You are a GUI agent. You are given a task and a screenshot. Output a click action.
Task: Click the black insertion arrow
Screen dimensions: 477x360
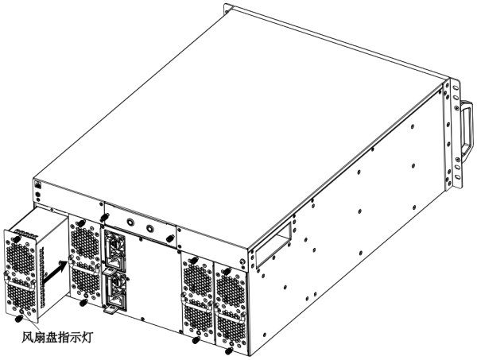coord(56,271)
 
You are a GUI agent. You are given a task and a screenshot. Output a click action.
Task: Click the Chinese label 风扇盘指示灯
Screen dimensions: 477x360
coord(57,338)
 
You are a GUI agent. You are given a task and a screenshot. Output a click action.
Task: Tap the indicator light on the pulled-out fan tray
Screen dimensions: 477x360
coord(21,311)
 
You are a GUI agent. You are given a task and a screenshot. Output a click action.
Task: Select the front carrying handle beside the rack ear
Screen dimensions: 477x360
coord(467,128)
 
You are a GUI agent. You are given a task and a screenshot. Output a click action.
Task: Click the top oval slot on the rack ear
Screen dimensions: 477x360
coord(456,87)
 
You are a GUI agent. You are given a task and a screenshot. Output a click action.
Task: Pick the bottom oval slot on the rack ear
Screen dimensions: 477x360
coord(457,177)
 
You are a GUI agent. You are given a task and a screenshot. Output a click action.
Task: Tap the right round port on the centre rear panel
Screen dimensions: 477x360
coord(150,228)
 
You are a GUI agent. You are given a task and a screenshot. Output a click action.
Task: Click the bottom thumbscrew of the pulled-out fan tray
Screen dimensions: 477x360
coord(19,319)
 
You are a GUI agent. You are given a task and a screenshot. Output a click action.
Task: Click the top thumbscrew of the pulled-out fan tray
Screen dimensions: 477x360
coord(16,239)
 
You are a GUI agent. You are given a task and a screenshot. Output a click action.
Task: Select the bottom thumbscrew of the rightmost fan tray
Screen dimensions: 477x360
coord(228,351)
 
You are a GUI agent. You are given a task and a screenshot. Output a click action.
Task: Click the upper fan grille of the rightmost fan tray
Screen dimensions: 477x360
coord(231,288)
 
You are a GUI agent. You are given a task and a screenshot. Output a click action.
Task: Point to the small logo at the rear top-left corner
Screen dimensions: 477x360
coord(37,184)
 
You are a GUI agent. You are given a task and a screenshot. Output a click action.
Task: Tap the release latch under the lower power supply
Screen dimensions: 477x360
coord(111,309)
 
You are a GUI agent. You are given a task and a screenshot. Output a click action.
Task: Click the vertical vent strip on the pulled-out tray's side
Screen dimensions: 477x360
coord(43,276)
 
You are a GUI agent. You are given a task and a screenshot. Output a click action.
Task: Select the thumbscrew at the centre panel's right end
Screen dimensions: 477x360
coord(169,239)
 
